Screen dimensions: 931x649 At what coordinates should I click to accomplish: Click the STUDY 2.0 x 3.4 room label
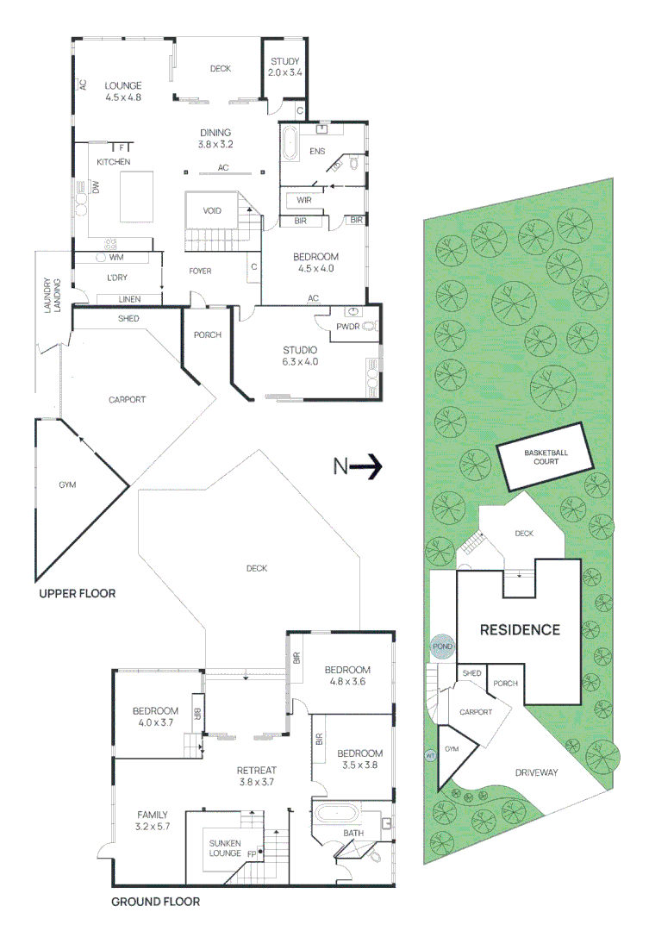[x=284, y=67]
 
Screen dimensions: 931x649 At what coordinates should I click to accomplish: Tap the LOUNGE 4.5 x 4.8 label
[x=122, y=91]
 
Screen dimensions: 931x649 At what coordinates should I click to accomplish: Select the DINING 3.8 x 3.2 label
[x=215, y=138]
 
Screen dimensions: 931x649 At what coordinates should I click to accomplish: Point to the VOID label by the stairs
[x=212, y=210]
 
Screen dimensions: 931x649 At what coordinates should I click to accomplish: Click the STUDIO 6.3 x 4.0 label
[x=301, y=355]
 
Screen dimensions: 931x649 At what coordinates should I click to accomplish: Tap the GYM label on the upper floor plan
[x=67, y=484]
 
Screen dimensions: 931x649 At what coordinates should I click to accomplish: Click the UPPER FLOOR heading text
[x=77, y=594]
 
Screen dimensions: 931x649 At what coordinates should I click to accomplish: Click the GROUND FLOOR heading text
[x=155, y=902]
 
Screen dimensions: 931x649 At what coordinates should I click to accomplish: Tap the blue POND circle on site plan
[x=442, y=647]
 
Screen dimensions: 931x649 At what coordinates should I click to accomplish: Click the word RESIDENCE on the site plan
[x=520, y=629]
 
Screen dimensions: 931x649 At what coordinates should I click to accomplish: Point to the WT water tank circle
[x=429, y=756]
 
